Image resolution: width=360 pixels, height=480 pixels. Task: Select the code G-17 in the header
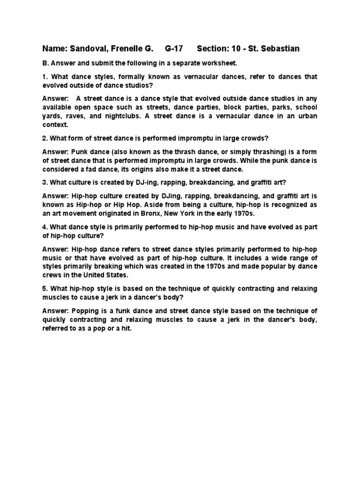[x=174, y=49]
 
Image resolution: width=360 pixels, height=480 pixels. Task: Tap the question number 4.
[x=45, y=226]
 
